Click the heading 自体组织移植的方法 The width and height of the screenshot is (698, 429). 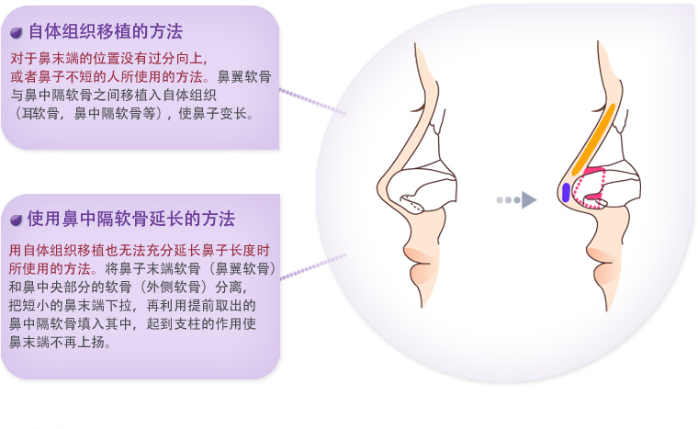106,31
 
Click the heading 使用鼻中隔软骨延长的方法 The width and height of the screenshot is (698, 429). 130,219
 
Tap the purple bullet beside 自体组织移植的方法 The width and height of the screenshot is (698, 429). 16,32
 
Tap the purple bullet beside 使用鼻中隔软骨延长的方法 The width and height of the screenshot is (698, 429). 16,220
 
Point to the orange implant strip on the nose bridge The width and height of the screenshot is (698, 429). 593,140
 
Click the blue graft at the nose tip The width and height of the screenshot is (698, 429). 566,192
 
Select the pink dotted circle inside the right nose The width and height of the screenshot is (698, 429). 589,188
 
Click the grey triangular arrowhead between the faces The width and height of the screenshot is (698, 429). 529,200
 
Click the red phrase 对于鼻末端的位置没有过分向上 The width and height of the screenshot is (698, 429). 108,59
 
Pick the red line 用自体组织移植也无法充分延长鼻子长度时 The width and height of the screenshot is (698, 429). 140,251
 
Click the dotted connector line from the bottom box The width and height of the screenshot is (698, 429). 312,266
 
